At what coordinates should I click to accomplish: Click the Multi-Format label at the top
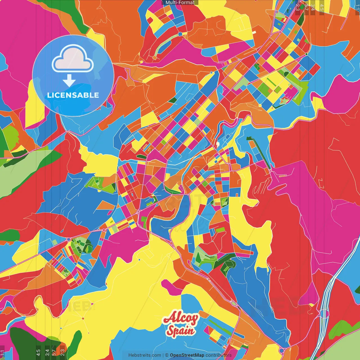click(x=180, y=3)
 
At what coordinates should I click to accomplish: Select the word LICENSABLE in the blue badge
click(x=73, y=95)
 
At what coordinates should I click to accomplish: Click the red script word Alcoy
click(x=181, y=318)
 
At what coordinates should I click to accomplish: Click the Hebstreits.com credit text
click(x=145, y=355)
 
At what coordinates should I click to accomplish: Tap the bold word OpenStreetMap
click(x=187, y=355)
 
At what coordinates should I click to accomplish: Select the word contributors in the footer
click(x=218, y=355)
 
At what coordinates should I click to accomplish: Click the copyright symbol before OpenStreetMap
click(x=166, y=355)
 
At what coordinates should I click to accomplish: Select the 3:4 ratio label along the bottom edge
click(x=47, y=352)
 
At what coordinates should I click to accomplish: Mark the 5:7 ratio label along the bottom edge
click(x=54, y=352)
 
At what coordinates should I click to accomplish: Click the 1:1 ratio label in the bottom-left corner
click(x=3, y=353)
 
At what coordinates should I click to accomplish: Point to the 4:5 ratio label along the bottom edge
click(x=38, y=352)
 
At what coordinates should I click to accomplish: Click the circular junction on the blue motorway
click(x=324, y=313)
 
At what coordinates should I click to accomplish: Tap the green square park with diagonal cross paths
click(x=66, y=272)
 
